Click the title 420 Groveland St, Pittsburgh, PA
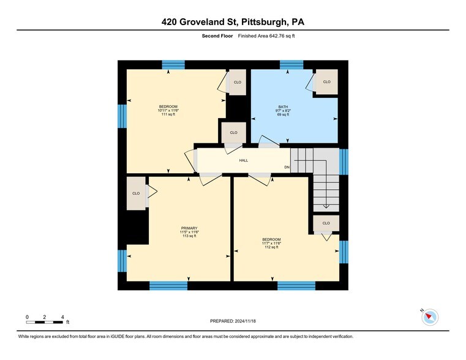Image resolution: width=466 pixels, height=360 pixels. (x=233, y=22)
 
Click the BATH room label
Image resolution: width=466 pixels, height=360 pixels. (x=283, y=107)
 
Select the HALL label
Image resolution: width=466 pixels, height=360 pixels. (x=243, y=161)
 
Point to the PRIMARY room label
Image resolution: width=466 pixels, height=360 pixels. (x=189, y=228)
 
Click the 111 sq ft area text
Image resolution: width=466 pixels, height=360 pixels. (x=168, y=114)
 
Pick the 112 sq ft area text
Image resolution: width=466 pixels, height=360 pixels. (x=271, y=247)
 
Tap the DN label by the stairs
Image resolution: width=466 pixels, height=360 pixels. (x=286, y=168)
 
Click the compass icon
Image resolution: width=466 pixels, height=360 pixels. (x=430, y=317)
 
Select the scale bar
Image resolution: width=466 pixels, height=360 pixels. (x=45, y=322)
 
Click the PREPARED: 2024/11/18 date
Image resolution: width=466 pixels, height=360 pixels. (x=233, y=321)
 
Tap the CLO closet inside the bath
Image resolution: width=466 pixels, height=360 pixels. (x=326, y=82)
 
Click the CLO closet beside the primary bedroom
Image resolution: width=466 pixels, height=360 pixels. (x=136, y=193)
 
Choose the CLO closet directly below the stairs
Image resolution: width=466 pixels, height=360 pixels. (x=326, y=223)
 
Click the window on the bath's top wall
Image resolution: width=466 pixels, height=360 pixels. (x=291, y=64)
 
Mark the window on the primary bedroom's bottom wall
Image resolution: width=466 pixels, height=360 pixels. (x=168, y=285)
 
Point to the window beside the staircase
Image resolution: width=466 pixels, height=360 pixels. (x=344, y=162)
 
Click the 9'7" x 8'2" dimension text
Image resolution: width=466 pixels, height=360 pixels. (x=283, y=111)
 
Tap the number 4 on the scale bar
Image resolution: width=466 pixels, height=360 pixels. (x=63, y=317)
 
